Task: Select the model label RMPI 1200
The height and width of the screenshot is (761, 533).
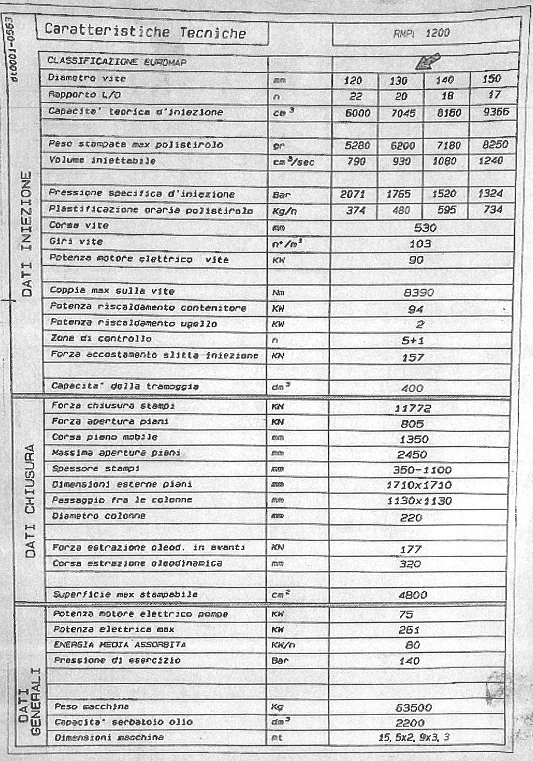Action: coord(421,33)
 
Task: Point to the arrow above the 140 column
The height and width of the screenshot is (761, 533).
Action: coord(427,61)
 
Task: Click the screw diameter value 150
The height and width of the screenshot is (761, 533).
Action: coord(491,79)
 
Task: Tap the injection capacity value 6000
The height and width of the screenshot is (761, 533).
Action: coord(358,113)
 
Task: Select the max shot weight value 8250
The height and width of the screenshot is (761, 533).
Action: coord(495,145)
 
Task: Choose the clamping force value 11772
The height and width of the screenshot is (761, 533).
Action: coord(412,408)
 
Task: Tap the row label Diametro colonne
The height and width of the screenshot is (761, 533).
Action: coord(99,516)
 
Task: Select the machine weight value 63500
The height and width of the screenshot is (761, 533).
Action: coord(413,707)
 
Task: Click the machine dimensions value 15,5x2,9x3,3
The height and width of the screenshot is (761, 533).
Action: coord(414,737)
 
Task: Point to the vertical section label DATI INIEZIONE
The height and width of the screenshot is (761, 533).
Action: coord(27,234)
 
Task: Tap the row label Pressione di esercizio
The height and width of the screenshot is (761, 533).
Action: coord(117,660)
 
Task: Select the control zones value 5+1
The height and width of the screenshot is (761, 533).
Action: coord(412,340)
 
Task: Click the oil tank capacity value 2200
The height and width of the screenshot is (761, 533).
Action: coord(410,723)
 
